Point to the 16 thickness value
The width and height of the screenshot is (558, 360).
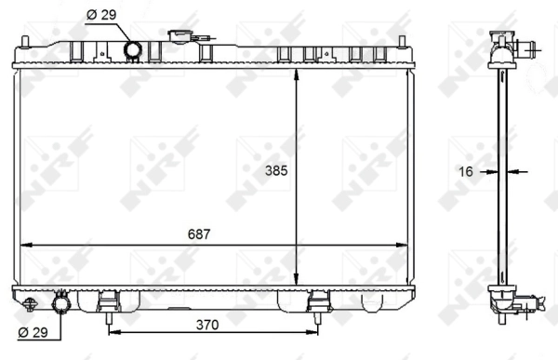pos(467,171)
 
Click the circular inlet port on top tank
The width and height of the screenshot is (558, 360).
pos(133,48)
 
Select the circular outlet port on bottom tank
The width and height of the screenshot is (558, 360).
pos(62,304)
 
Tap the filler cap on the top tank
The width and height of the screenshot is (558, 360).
pos(179,37)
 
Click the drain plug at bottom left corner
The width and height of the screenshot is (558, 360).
pos(32,303)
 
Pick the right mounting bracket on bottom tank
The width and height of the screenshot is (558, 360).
pos(319,302)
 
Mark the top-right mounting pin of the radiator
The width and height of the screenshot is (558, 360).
pos(401,42)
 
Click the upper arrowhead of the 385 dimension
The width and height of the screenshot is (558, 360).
pos(297,76)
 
